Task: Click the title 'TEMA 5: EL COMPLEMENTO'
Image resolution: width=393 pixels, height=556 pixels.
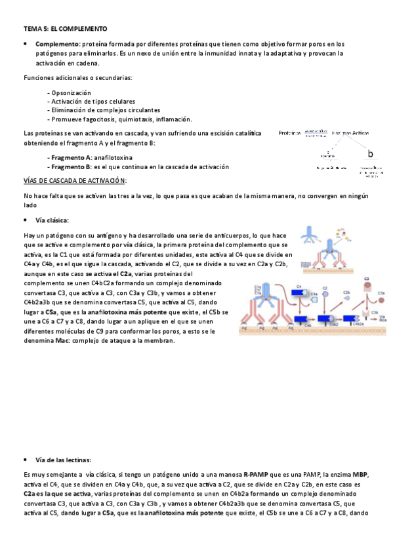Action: (x=66, y=29)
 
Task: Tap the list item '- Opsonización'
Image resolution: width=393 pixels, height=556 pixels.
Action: (x=70, y=93)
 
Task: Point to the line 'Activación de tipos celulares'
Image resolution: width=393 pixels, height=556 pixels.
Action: (x=94, y=102)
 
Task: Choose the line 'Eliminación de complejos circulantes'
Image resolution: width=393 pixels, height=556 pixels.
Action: (x=106, y=110)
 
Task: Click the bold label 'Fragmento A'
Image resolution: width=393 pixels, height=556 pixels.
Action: (x=71, y=158)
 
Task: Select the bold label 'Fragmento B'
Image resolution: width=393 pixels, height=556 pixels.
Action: (x=71, y=167)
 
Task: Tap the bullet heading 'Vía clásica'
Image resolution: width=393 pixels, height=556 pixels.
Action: (x=53, y=220)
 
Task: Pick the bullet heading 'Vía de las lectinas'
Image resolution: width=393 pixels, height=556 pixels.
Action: (x=63, y=460)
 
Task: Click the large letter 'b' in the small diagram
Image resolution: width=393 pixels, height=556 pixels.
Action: (x=371, y=155)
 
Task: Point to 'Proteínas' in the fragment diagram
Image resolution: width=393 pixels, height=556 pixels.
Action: (x=290, y=133)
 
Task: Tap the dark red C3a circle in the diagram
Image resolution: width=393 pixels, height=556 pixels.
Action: (x=368, y=286)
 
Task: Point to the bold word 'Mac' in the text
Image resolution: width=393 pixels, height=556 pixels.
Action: (x=63, y=341)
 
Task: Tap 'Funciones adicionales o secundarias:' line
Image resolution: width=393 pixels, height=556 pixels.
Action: (x=77, y=78)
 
